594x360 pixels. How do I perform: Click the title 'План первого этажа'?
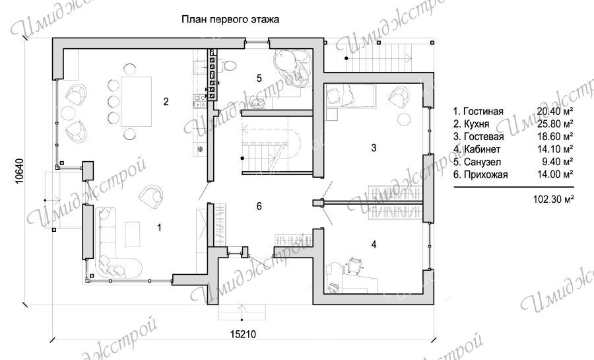(230, 19)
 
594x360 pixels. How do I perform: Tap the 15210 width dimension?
(243, 334)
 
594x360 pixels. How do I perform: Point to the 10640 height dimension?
(19, 171)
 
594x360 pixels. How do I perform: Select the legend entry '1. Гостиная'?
(478, 112)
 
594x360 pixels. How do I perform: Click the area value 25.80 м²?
(555, 124)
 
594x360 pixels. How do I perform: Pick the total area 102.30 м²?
(553, 199)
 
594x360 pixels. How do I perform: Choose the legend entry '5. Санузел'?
(477, 162)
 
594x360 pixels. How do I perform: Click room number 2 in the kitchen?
(166, 102)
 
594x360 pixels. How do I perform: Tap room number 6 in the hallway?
(259, 206)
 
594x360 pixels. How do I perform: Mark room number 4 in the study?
(374, 245)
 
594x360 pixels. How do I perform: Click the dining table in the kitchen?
(136, 102)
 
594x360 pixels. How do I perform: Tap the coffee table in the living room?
(133, 234)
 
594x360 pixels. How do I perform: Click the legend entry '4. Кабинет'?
(477, 149)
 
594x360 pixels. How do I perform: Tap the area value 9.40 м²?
(558, 162)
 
